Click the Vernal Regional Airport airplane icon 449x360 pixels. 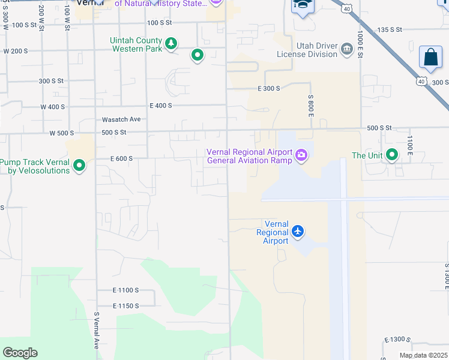[x=298, y=231]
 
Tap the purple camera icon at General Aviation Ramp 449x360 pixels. [x=301, y=156]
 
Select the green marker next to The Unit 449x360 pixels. [x=392, y=155]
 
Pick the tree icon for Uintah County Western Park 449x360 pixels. [x=172, y=43]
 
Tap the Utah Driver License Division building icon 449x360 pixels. [x=346, y=49]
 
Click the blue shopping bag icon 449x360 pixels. [x=430, y=58]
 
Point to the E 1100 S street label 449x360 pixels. [x=125, y=290]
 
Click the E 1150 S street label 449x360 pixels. [x=125, y=306]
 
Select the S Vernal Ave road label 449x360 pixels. [x=96, y=331]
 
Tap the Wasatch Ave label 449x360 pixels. [x=121, y=119]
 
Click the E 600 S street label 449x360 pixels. [x=121, y=158]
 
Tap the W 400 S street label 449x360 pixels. [x=53, y=107]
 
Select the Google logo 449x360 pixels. [x=20, y=353]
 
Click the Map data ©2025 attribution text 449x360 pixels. [x=423, y=355]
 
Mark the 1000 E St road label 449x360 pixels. [x=360, y=43]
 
